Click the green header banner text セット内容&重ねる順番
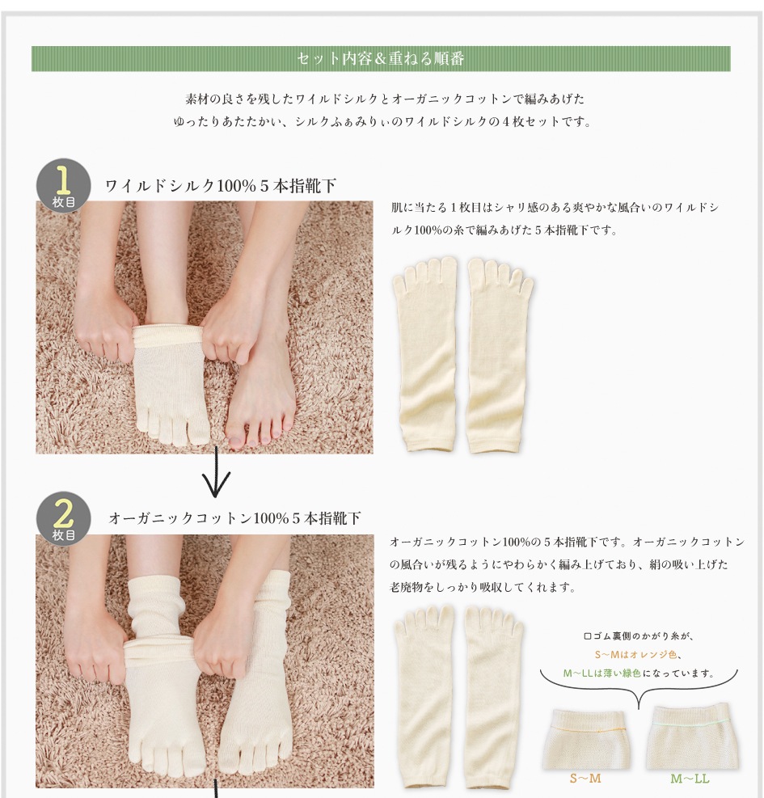tap(380, 58)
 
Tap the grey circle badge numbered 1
tap(63, 185)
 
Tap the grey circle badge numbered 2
tap(63, 518)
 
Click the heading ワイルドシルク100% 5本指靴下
tap(221, 186)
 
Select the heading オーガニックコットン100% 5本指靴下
tap(234, 518)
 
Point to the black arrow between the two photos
tap(216, 472)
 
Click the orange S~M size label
tap(585, 778)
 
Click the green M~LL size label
tap(690, 778)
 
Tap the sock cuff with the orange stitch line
tap(586, 738)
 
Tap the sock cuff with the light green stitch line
tap(690, 737)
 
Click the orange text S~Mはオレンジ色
tap(635, 654)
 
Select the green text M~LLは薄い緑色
tap(601, 673)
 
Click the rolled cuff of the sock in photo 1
tap(168, 335)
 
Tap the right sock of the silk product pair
tap(499, 355)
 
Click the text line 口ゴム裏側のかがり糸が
tap(638, 636)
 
